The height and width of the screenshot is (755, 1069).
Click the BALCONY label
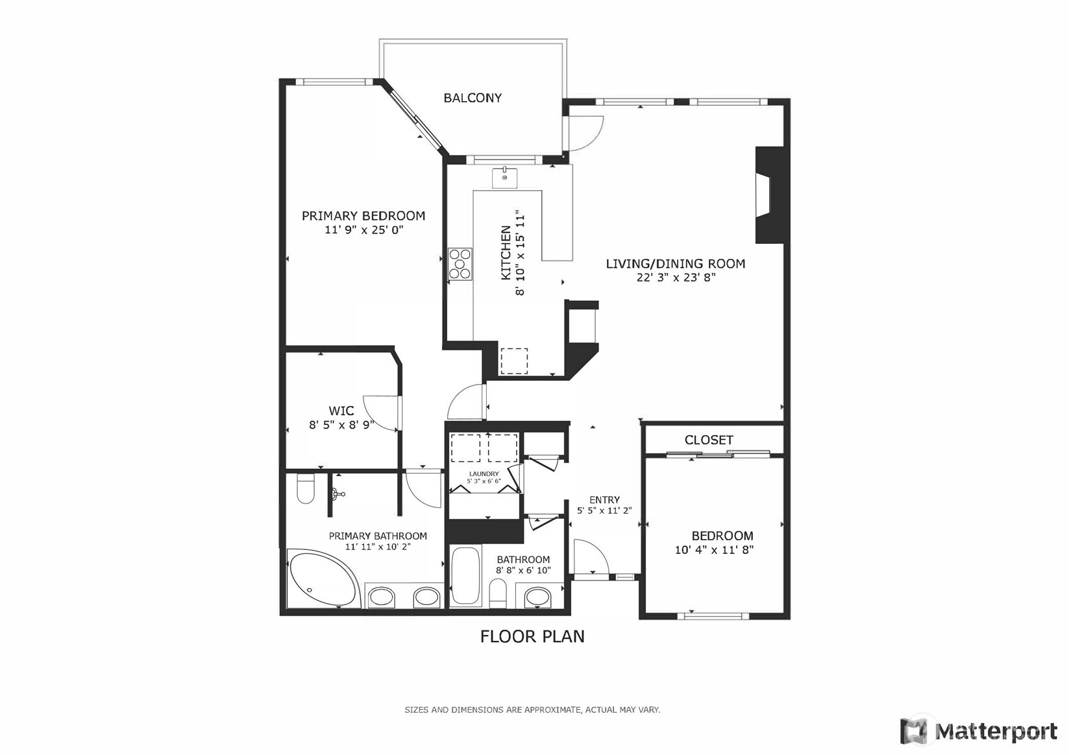(473, 98)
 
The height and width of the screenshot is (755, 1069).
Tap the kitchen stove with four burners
(460, 264)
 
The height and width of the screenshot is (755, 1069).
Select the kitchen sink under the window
(504, 178)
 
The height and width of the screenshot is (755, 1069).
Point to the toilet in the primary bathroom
(306, 488)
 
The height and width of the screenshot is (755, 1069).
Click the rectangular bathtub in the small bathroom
(465, 577)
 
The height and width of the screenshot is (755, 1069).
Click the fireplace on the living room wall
(769, 195)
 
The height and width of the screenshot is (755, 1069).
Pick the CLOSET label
(709, 440)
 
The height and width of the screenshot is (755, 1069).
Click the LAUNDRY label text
(484, 473)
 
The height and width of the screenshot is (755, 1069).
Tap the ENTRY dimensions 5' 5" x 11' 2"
(604, 510)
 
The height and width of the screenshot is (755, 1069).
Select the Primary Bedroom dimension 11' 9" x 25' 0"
(363, 230)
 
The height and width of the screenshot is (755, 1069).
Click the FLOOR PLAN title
(532, 637)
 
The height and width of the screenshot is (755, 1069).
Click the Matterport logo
(979, 731)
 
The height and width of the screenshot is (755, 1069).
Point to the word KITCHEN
(506, 252)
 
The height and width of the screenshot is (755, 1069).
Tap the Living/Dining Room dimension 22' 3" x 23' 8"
(676, 278)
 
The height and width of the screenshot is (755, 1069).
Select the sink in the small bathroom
(537, 597)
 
